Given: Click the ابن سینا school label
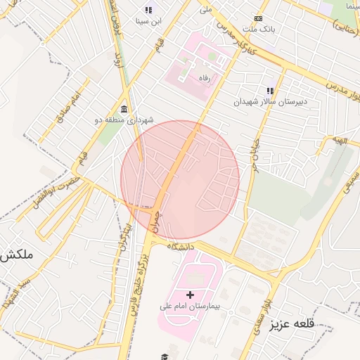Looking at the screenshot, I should [x=149, y=21].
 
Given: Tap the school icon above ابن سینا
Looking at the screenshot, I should [x=148, y=10].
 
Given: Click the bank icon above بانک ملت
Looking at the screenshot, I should [x=258, y=18].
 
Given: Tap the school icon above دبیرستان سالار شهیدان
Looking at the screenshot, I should [x=269, y=90].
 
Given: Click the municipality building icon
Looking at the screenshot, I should [x=124, y=108].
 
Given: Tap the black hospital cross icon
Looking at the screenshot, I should [x=189, y=293].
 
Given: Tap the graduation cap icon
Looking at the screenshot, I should [x=165, y=356].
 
